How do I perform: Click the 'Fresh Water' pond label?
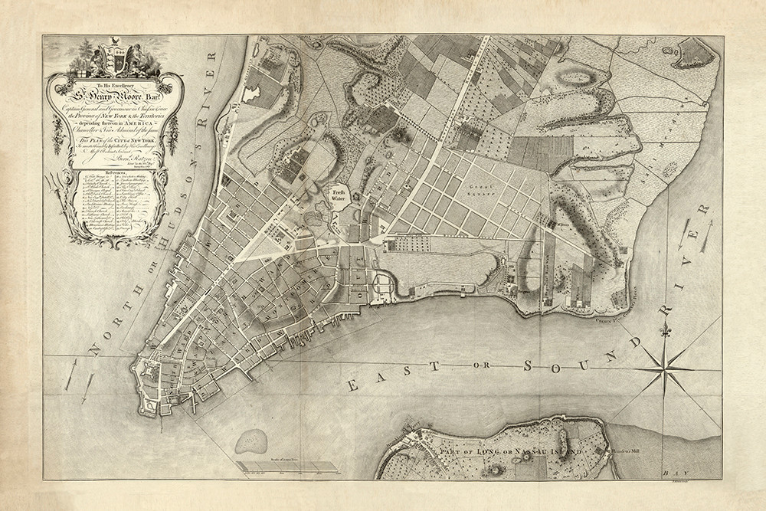(339, 195)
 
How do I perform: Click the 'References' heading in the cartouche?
(123, 174)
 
